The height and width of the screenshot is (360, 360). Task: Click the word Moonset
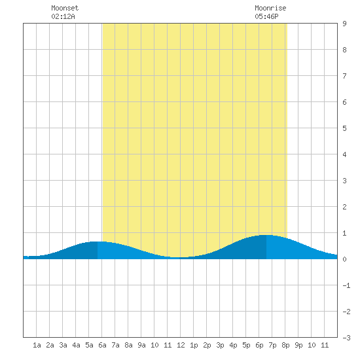pos(65,8)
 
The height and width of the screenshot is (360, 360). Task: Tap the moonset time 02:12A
pos(63,16)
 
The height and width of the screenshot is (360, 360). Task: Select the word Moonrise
pos(270,8)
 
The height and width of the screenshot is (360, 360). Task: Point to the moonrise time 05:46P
pos(266,16)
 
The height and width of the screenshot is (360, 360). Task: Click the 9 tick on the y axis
pos(344,24)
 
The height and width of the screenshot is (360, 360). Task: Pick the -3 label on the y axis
pos(346,338)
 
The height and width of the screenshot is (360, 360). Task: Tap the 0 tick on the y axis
pos(344,259)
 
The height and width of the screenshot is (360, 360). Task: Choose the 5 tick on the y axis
pos(344,128)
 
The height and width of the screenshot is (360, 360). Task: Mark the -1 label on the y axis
pos(346,285)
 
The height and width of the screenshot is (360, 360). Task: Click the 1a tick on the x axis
pos(37,345)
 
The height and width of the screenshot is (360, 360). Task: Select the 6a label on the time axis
pos(102,345)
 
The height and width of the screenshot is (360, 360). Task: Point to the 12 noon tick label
pos(181,345)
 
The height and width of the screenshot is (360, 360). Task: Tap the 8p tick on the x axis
pos(285,345)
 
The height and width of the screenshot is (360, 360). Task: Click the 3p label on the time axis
pos(220,345)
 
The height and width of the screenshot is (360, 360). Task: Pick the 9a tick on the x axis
pos(141,345)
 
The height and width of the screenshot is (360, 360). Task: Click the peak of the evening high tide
pos(266,235)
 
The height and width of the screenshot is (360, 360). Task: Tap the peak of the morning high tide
pos(98,242)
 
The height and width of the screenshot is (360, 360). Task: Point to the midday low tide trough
pos(178,258)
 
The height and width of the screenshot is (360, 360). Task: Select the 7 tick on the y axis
pos(344,76)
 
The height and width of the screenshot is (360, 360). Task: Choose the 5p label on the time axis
pos(246,345)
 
